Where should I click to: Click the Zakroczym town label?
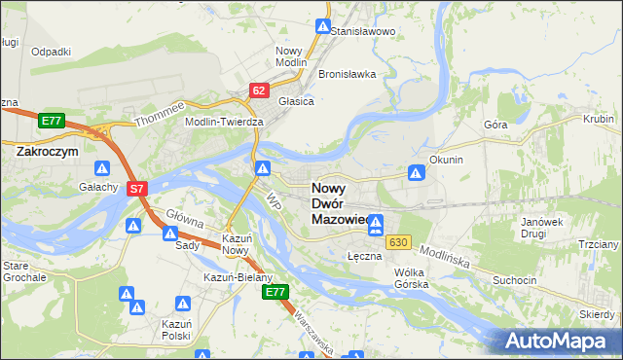tap(47, 152)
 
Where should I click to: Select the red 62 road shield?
tap(258, 90)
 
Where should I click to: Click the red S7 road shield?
tap(137, 189)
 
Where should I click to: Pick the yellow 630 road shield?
tap(396, 241)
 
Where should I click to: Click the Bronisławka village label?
tap(347, 74)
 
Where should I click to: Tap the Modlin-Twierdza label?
tap(225, 122)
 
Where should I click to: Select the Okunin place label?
tap(445, 159)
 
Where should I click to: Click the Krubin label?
tap(598, 120)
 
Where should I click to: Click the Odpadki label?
tap(51, 52)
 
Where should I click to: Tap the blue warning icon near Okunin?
tap(416, 173)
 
